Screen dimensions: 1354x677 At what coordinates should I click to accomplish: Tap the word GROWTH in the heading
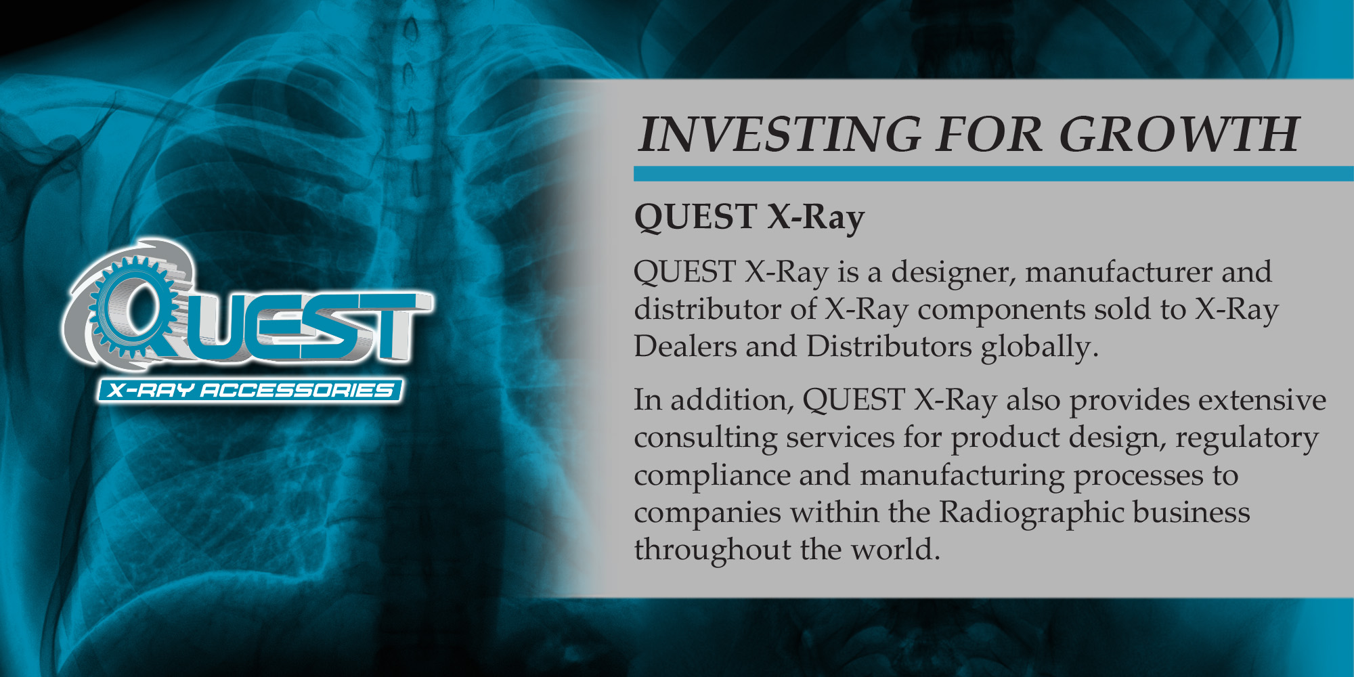pyautogui.click(x=1179, y=134)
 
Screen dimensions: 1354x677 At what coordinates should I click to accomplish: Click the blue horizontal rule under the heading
pyautogui.click(x=993, y=173)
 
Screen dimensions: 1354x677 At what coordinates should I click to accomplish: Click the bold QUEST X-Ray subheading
pyautogui.click(x=749, y=218)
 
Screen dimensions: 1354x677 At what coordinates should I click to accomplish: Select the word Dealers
pyautogui.click(x=684, y=347)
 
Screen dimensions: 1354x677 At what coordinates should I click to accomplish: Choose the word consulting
pyautogui.click(x=705, y=439)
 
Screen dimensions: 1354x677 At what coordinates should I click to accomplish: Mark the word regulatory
pyautogui.click(x=1247, y=439)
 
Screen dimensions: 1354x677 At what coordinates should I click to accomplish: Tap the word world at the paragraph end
pyautogui.click(x=896, y=550)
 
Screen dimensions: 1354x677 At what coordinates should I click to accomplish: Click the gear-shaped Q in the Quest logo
pyautogui.click(x=132, y=308)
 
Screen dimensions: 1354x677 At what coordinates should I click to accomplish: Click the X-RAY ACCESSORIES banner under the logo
pyautogui.click(x=250, y=391)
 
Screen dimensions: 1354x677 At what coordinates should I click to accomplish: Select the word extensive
pyautogui.click(x=1262, y=401)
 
